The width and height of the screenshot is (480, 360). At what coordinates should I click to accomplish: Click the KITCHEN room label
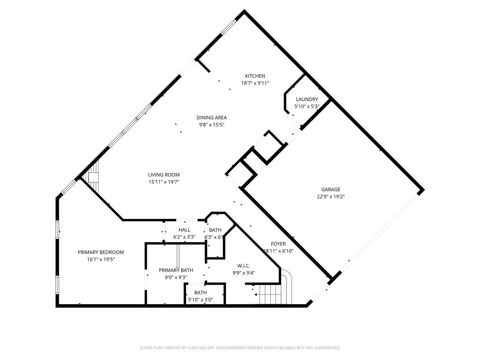pyautogui.click(x=255, y=76)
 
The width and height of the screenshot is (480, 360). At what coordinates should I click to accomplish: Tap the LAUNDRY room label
pyautogui.click(x=307, y=99)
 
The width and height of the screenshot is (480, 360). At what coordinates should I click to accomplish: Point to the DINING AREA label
pyautogui.click(x=211, y=118)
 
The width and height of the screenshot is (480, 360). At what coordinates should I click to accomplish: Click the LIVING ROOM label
pyautogui.click(x=164, y=175)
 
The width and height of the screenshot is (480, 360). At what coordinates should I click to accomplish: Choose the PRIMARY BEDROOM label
pyautogui.click(x=101, y=252)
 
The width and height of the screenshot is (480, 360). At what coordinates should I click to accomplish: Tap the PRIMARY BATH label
pyautogui.click(x=176, y=270)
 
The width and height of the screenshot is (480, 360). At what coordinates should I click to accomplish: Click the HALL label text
pyautogui.click(x=184, y=230)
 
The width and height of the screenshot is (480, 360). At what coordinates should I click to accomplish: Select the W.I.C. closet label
pyautogui.click(x=244, y=265)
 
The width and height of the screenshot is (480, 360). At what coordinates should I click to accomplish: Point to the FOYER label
pyautogui.click(x=278, y=244)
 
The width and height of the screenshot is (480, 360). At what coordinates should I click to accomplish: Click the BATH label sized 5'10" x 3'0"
pyautogui.click(x=200, y=292)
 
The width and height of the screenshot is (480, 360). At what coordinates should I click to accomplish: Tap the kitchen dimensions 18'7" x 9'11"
pyautogui.click(x=255, y=83)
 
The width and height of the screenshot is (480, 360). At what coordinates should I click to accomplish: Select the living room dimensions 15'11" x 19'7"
pyautogui.click(x=164, y=182)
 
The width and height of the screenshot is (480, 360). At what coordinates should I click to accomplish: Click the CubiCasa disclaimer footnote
pyautogui.click(x=240, y=348)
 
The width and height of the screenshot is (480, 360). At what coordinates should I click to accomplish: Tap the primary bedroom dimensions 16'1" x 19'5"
pyautogui.click(x=101, y=259)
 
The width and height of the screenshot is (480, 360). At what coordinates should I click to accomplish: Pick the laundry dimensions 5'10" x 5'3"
pyautogui.click(x=307, y=106)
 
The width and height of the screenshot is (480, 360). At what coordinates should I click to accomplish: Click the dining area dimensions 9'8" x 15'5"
pyautogui.click(x=211, y=125)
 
